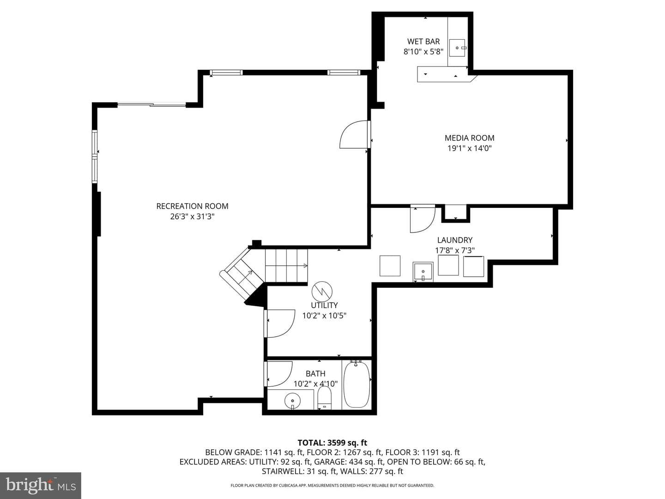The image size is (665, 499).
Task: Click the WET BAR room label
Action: coord(423,41)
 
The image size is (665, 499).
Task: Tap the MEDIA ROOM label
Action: coord(469,138)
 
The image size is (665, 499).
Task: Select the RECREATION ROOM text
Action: coord(192,206)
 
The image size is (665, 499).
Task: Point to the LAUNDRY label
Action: coord(454,240)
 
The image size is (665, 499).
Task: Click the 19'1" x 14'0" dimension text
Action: coord(469,148)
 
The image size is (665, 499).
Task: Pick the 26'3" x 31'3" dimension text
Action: coord(192,216)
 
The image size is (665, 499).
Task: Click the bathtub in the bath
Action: coord(357,384)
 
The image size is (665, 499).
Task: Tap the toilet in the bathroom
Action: coord(324,398)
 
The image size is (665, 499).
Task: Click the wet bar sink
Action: coord(457,48)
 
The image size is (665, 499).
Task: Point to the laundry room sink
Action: coord(423,272)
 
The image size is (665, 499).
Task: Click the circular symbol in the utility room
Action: coord(322,292)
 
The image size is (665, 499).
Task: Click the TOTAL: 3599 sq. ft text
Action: coord(332,443)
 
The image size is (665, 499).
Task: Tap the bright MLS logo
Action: coord(41,485)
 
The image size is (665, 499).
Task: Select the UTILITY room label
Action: coord(324,305)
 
